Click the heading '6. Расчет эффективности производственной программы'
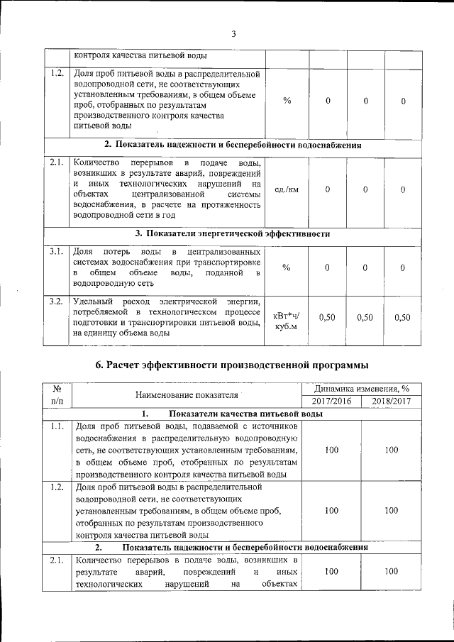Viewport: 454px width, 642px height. coord(233,365)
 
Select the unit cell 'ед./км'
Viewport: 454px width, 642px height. coord(287,189)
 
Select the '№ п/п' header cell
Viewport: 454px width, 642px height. coord(57,395)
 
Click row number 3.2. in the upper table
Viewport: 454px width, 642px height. coord(57,303)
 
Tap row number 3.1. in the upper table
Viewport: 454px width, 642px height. coord(57,252)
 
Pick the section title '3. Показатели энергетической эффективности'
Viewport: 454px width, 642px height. coord(233,233)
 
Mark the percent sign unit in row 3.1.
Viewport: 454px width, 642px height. coord(287,267)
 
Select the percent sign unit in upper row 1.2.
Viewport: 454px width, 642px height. coord(287,101)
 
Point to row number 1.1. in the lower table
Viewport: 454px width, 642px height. coord(57,427)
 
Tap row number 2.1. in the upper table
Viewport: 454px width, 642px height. coord(57,163)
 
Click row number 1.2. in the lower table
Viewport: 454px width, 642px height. coord(57,488)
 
